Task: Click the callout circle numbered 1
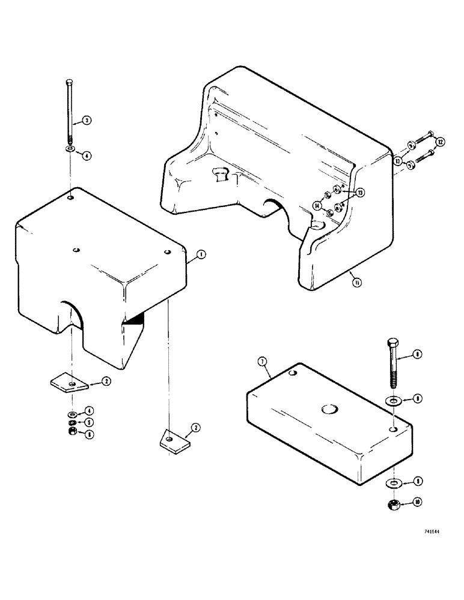click(x=201, y=254)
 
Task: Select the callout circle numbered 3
click(x=87, y=121)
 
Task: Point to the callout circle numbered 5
click(x=89, y=423)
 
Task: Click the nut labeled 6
click(x=72, y=433)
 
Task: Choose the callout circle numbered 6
click(x=89, y=434)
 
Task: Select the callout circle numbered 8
click(x=417, y=355)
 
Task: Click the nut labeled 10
click(x=393, y=505)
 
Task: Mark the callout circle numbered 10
click(x=417, y=502)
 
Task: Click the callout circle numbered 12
click(x=441, y=142)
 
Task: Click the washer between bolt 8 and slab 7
click(x=392, y=400)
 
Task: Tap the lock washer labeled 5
click(x=72, y=422)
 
